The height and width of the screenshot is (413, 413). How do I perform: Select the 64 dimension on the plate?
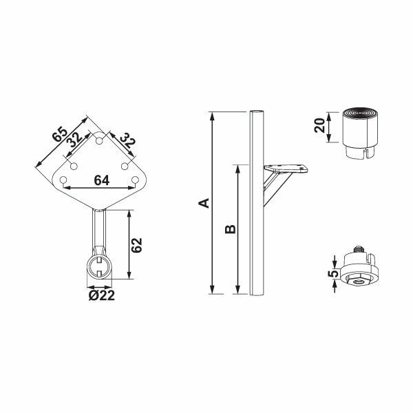101,180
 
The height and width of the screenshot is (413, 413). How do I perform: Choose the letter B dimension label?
231,229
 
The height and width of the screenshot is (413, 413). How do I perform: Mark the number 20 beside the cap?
319,127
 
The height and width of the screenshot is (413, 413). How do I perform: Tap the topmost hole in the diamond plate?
99,140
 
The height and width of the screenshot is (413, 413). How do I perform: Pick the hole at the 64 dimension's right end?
136,180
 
